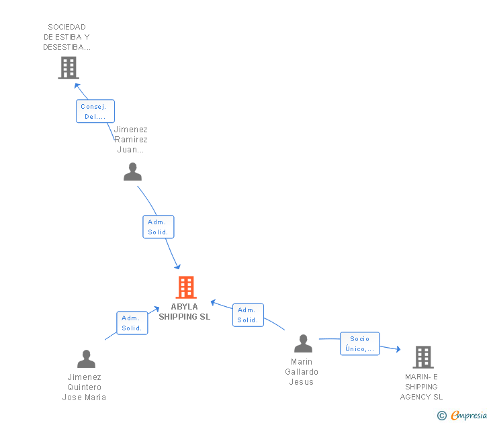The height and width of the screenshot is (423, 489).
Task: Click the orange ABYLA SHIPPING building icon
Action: coord(186,287)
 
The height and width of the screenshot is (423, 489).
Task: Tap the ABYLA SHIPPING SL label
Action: coord(184,312)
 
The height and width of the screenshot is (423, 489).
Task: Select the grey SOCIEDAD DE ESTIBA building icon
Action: coord(69,68)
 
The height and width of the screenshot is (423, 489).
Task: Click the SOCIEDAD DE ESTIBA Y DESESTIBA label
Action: coord(67,37)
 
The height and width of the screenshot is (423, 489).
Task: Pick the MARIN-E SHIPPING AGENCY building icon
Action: coord(423,357)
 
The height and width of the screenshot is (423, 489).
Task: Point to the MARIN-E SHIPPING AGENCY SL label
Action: coord(421,387)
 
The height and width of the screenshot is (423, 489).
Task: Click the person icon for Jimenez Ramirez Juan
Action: coord(132,172)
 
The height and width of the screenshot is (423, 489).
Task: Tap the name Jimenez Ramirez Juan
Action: coord(131,140)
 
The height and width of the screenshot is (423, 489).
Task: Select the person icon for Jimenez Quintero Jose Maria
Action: coord(86,359)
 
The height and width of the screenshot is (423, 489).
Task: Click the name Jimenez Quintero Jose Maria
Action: coord(84,387)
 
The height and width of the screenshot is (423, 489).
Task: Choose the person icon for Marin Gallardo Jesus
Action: coord(303,344)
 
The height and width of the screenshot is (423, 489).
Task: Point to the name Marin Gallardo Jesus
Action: coord(302,372)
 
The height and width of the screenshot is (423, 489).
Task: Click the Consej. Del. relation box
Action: coord(95,111)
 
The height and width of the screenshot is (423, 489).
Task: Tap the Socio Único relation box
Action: coord(359,344)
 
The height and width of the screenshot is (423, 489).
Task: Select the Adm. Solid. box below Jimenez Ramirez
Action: coord(159,227)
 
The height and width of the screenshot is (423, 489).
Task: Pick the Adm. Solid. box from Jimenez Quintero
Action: coord(132,323)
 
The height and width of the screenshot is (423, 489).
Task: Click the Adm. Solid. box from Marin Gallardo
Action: coord(248,315)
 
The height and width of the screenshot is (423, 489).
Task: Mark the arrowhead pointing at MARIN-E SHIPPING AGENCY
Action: coord(398,349)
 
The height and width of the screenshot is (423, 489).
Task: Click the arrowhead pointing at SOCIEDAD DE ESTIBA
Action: coord(77,85)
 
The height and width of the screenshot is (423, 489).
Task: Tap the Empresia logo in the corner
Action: coord(463,415)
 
